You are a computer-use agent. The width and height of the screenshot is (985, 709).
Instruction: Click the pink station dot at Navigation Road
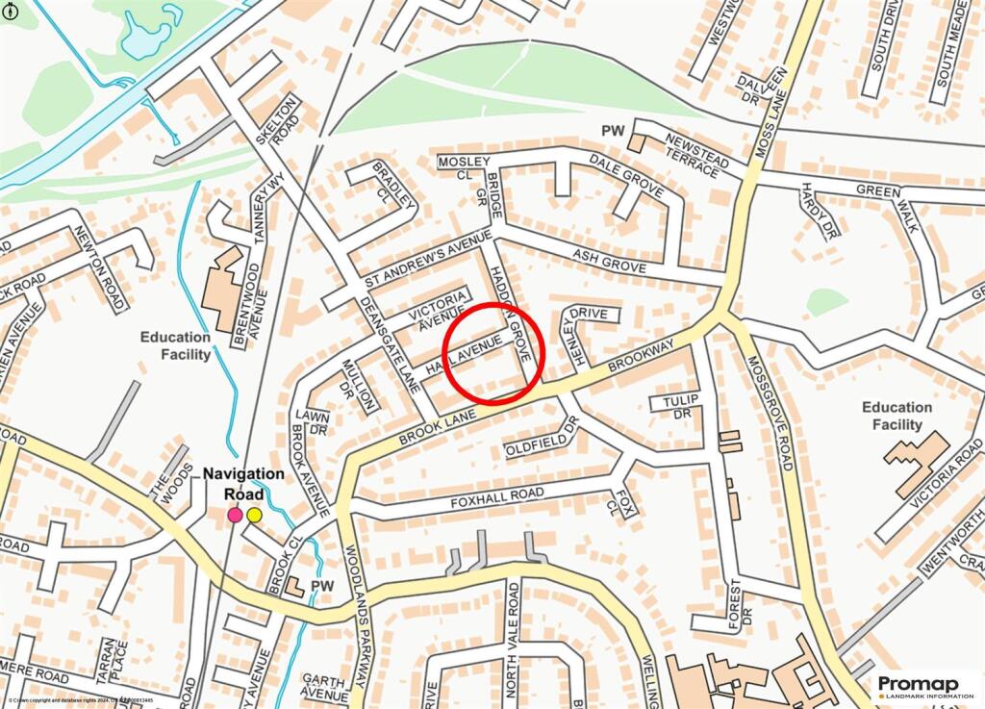[235, 516]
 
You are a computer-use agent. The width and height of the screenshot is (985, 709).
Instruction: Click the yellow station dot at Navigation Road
[254, 516]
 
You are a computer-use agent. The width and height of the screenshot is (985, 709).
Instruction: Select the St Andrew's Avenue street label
[428, 259]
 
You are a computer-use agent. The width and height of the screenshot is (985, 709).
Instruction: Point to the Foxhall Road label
[497, 498]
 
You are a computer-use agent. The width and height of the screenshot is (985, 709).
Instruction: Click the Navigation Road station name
[243, 484]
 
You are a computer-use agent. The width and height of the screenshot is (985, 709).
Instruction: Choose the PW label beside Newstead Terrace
[613, 130]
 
